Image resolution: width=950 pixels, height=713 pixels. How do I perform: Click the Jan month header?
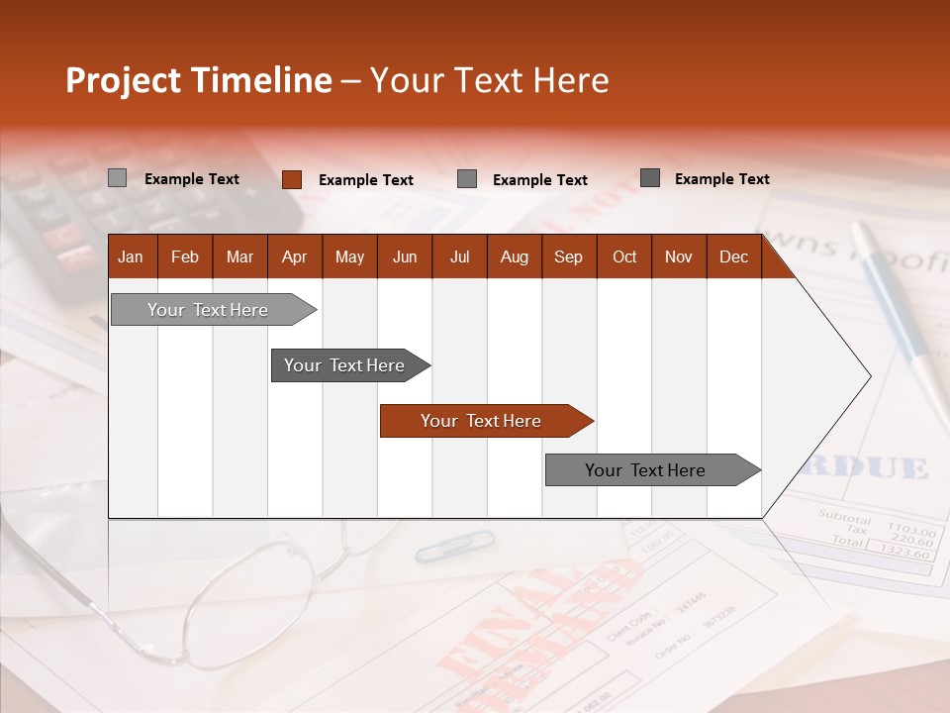pyautogui.click(x=132, y=257)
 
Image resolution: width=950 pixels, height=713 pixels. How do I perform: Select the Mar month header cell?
pyautogui.click(x=239, y=257)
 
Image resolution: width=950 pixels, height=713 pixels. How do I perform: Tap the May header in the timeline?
pyautogui.click(x=349, y=257)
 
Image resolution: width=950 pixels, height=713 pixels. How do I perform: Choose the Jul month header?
pyautogui.click(x=459, y=257)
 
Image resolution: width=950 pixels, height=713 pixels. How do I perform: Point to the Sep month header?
pyautogui.click(x=569, y=257)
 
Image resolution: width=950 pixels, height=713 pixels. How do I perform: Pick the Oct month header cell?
pyautogui.click(x=624, y=257)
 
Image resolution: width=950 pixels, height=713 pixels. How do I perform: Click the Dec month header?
pyautogui.click(x=734, y=257)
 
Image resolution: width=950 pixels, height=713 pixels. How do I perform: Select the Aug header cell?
pyautogui.click(x=515, y=257)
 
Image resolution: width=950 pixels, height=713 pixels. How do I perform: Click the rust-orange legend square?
pyautogui.click(x=291, y=179)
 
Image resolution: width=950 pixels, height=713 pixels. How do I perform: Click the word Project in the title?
pyautogui.click(x=123, y=80)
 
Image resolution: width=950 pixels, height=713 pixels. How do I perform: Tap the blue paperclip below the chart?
pyautogui.click(x=455, y=545)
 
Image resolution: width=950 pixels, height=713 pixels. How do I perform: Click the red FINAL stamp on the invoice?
pyautogui.click(x=495, y=634)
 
